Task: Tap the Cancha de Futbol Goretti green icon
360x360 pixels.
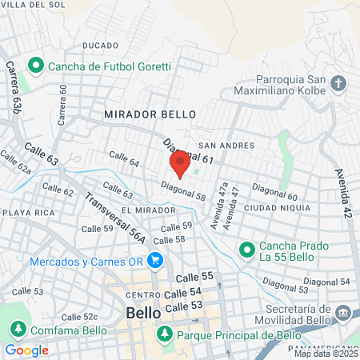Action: click(34, 65)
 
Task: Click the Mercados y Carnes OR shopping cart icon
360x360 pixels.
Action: click(155, 262)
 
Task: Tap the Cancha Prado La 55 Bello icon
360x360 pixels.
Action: click(246, 250)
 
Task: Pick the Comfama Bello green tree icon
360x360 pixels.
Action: click(18, 330)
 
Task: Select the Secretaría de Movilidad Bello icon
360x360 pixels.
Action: click(343, 312)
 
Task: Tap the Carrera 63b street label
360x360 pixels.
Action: click(14, 88)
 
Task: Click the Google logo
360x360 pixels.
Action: click(26, 350)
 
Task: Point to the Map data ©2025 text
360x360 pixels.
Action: click(325, 354)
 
